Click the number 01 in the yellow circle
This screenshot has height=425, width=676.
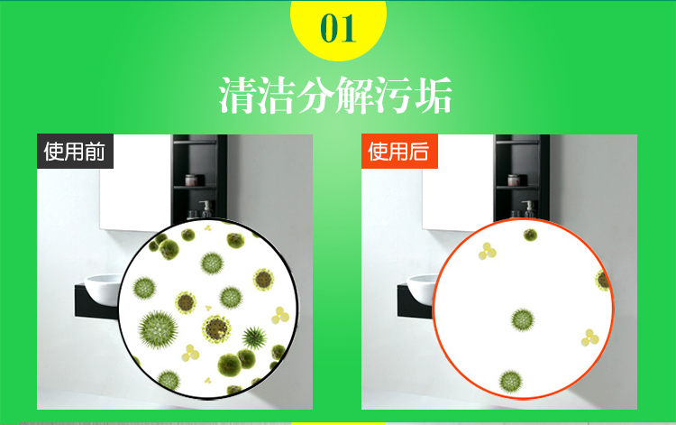click(338, 29)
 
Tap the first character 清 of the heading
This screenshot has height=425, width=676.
click(238, 95)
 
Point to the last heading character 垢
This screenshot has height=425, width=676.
click(434, 95)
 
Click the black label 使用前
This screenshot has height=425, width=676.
click(75, 151)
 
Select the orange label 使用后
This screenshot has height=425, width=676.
click(399, 151)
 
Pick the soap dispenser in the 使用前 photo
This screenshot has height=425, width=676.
click(206, 208)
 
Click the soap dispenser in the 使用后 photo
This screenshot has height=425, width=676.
click(528, 208)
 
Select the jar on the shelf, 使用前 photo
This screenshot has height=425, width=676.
click(191, 180)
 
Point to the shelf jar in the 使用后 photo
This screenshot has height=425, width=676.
click(514, 180)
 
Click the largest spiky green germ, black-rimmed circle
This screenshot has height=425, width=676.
click(158, 329)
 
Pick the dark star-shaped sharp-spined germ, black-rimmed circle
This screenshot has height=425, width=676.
click(254, 337)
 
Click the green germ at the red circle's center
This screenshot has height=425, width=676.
click(523, 319)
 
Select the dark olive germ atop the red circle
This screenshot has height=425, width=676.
click(530, 236)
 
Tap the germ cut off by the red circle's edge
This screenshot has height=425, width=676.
click(602, 280)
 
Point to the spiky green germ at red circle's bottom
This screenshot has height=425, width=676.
click(511, 382)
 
